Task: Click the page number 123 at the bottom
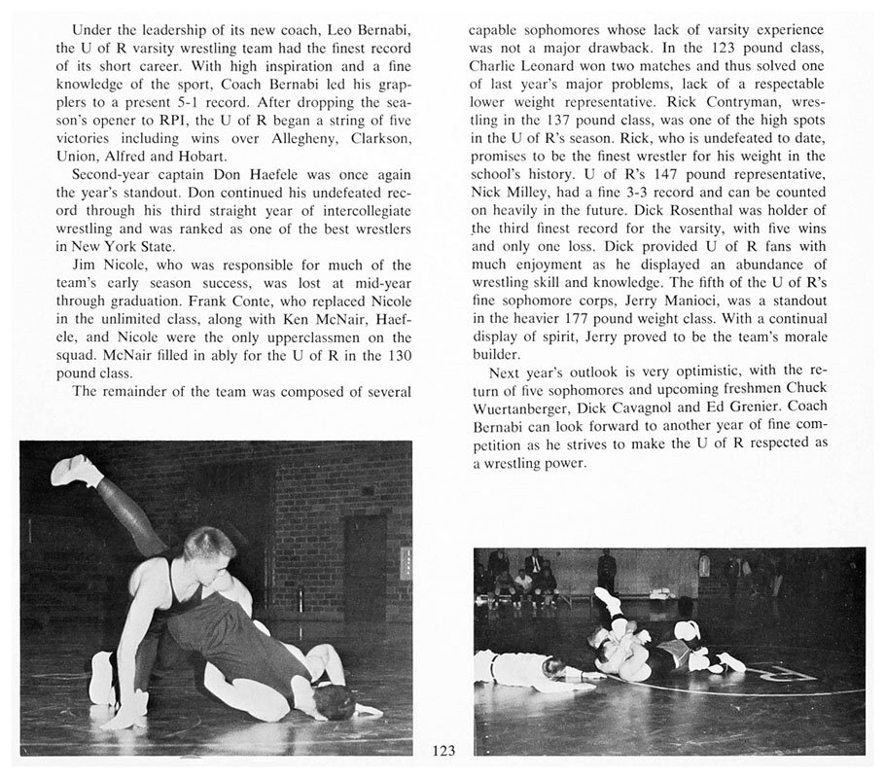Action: tap(443, 750)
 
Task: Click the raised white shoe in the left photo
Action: tap(75, 471)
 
